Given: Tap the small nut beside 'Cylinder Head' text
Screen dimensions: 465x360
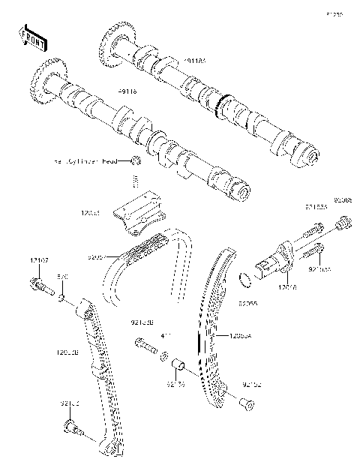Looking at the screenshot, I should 135,160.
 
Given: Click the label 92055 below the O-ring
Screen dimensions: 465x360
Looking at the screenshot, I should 247,305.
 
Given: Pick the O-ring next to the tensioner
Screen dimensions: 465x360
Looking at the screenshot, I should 244,282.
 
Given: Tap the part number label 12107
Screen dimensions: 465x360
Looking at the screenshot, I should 39,259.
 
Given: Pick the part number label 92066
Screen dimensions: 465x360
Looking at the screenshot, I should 342,200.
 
